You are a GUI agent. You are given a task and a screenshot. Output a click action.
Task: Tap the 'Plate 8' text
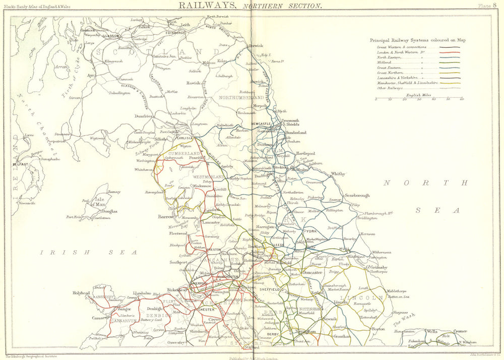[x=487, y=6]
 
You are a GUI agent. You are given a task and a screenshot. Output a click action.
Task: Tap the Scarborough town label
[x=357, y=195]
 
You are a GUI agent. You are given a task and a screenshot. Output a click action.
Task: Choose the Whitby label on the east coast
[x=338, y=174]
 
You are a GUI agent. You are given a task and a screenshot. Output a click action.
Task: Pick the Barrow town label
[x=165, y=217]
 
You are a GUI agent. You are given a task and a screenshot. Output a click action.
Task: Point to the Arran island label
[x=62, y=66]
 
